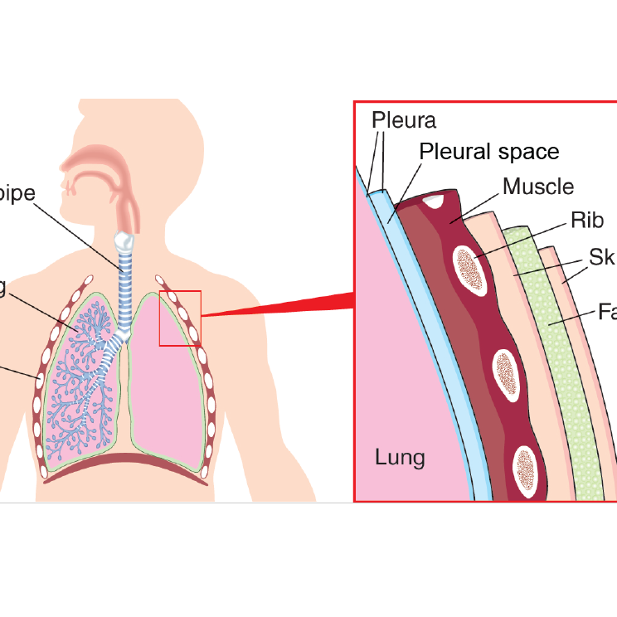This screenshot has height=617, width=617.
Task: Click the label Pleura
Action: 403,119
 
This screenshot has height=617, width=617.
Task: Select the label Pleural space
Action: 488,152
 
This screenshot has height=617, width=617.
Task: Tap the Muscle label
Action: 537,186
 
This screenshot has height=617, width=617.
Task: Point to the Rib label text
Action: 586,220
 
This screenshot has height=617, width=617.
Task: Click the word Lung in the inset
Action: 400,457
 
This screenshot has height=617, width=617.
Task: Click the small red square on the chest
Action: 180,318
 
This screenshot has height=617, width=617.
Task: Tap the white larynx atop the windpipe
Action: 123,241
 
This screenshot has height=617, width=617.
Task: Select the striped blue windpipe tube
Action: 124,282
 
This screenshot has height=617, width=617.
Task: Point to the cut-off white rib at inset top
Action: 432,199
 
